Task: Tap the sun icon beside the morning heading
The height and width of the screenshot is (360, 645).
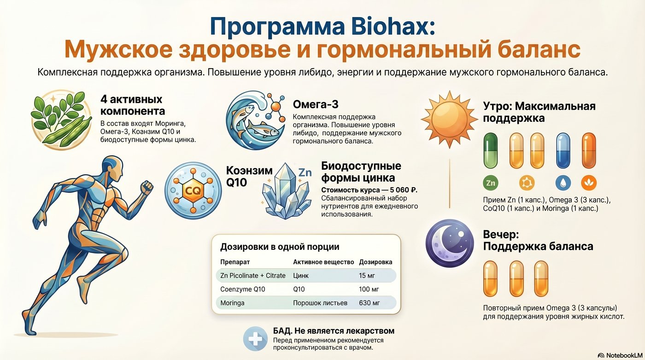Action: pyautogui.click(x=449, y=119)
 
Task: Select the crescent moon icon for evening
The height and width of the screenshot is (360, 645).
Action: pyautogui.click(x=450, y=243)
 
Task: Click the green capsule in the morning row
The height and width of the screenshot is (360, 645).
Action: pyautogui.click(x=491, y=151)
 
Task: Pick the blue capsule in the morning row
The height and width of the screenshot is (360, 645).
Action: pyautogui.click(x=563, y=151)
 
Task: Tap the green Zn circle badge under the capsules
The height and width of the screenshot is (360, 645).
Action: pyautogui.click(x=491, y=183)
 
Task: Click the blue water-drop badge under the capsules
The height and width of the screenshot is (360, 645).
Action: pyautogui.click(x=563, y=183)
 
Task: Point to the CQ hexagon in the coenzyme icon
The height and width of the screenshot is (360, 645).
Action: pyautogui.click(x=193, y=190)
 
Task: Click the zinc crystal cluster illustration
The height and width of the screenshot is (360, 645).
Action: pyautogui.click(x=286, y=191)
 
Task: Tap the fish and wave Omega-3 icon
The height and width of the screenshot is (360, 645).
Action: pyautogui.click(x=255, y=120)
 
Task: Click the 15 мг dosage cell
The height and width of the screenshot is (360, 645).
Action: pyautogui.click(x=367, y=276)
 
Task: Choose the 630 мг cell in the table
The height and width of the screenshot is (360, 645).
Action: pyautogui.click(x=369, y=303)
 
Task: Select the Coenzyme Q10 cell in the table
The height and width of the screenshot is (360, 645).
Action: pyautogui.click(x=242, y=289)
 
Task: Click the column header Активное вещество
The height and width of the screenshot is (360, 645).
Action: pyautogui.click(x=323, y=262)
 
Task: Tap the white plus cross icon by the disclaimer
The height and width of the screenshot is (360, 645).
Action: pyautogui.click(x=255, y=339)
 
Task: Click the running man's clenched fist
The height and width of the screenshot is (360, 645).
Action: pyautogui.click(x=147, y=187)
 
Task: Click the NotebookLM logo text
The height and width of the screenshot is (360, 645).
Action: pyautogui.click(x=624, y=355)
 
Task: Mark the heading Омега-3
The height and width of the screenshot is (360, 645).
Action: pyautogui.click(x=316, y=104)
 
